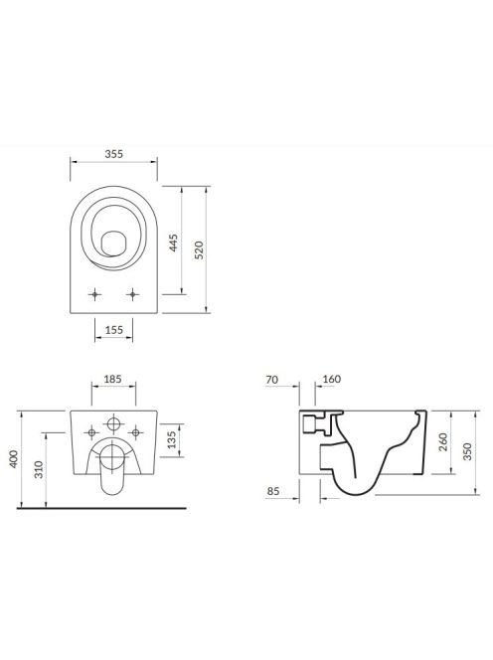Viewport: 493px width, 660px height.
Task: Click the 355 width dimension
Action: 114,154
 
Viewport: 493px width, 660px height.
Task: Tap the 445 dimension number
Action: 174,243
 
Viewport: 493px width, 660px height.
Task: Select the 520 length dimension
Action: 199,250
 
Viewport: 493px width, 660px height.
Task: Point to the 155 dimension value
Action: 113,330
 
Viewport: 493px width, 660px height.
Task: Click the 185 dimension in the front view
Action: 113,379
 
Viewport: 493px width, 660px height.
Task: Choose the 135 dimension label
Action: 172,439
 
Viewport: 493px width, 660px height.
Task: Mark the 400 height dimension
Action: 14,459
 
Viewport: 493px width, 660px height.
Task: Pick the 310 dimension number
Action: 39,469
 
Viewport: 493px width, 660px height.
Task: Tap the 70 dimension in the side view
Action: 272,380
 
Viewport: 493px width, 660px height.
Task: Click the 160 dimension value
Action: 331,379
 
